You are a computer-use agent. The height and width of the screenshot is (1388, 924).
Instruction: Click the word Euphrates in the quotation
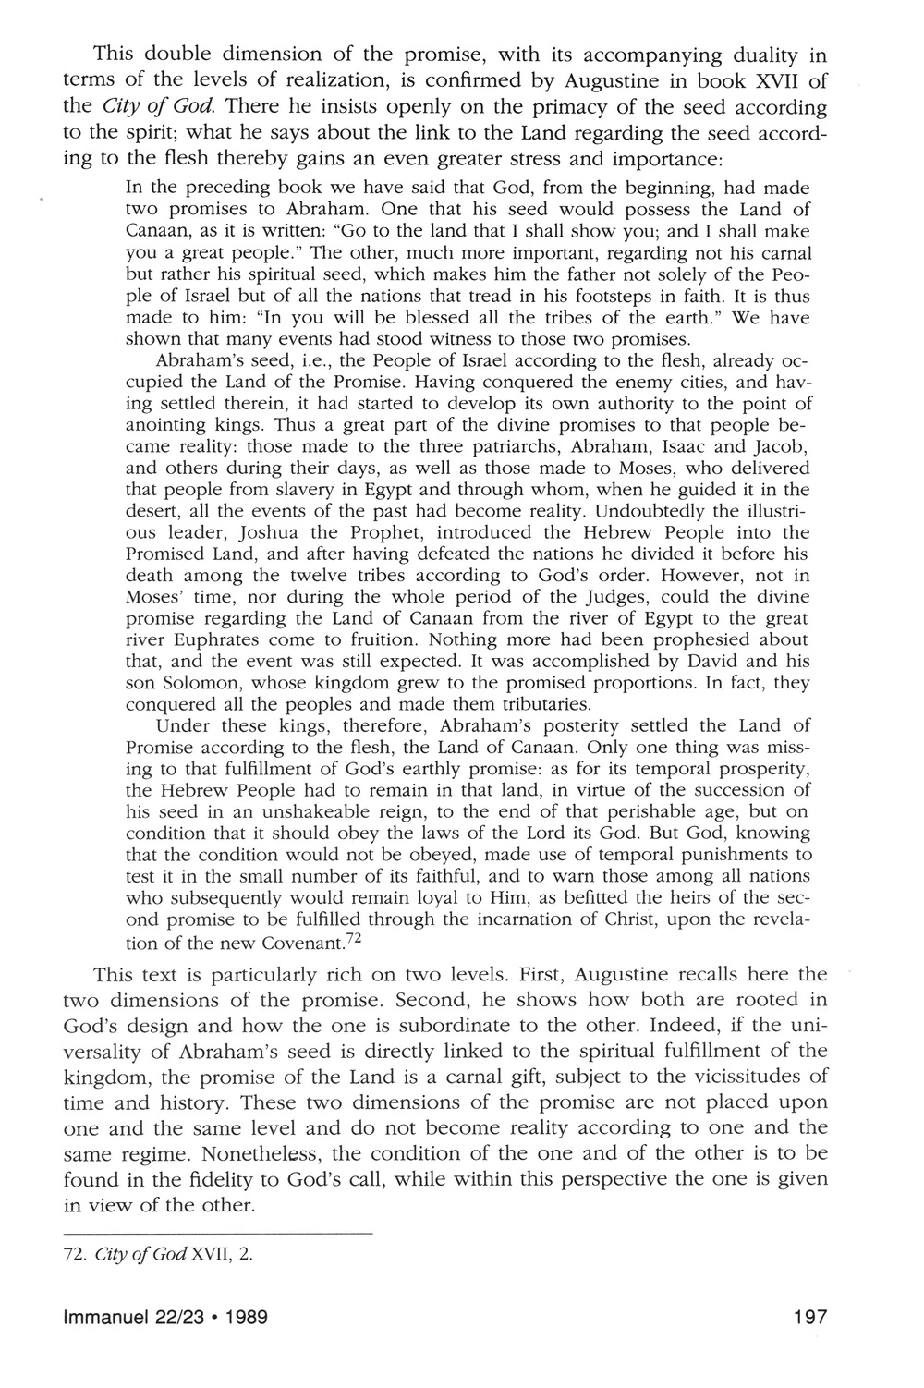coord(201,640)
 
